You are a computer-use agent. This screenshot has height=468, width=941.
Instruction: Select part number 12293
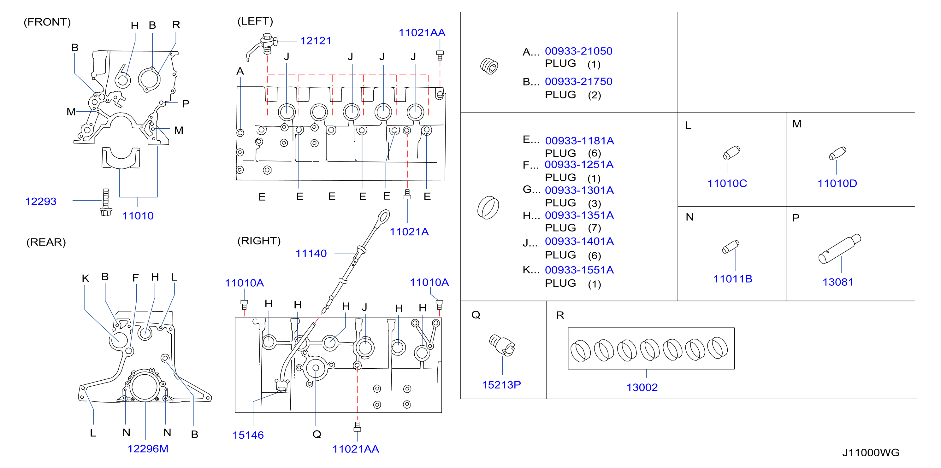pos(41,201)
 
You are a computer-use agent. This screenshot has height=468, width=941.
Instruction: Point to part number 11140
pos(311,253)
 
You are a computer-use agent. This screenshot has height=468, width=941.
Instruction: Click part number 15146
pos(248,435)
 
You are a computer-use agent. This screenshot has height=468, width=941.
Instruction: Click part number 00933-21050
pos(579,51)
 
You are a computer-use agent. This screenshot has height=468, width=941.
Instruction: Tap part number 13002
pos(642,387)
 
